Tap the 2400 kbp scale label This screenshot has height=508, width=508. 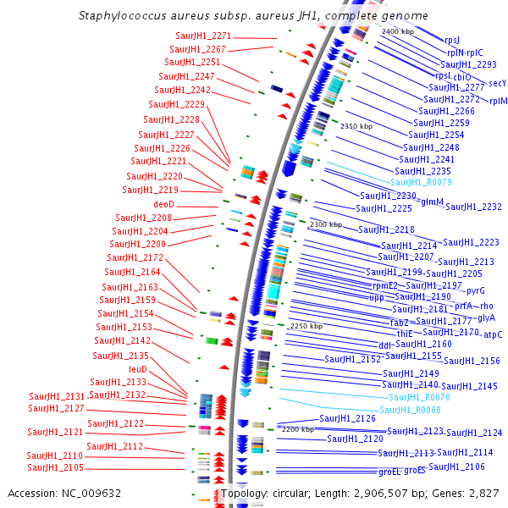tap(398, 31)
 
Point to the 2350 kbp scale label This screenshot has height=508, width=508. tap(356, 126)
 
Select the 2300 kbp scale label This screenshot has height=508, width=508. tap(325, 224)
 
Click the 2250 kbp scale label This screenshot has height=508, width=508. tap(306, 326)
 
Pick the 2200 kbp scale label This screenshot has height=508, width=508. tap(297, 429)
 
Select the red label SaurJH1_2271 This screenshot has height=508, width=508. tap(203, 36)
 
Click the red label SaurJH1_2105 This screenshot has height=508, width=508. tap(55, 467)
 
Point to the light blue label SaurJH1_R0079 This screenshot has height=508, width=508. tap(421, 182)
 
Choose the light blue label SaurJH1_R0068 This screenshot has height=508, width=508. tap(410, 410)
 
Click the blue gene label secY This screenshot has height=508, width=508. tap(497, 83)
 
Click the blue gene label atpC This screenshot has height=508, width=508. tap(493, 334)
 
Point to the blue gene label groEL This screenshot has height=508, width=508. tap(389, 472)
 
